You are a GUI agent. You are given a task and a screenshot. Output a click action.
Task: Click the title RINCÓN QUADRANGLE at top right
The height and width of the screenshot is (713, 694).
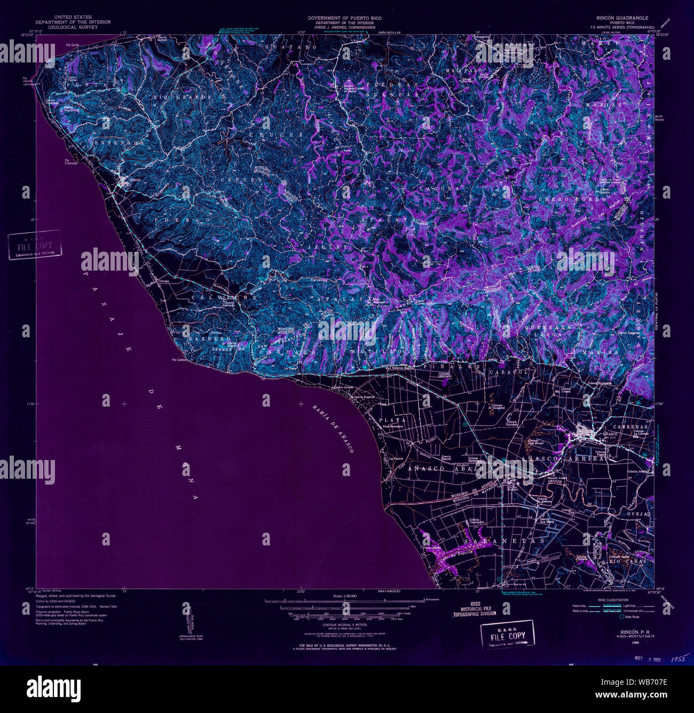pyautogui.click(x=619, y=18)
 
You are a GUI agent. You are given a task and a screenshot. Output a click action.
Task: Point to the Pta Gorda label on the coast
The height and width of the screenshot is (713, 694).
pyautogui.click(x=72, y=45)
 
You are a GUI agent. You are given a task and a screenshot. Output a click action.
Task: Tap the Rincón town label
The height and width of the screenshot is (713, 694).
pyautogui.click(x=133, y=179)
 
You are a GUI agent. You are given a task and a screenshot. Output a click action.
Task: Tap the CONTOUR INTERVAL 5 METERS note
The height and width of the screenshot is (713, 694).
pyautogui.click(x=345, y=624)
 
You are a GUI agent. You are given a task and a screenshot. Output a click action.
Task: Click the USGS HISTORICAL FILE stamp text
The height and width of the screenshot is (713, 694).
pyautogui.click(x=475, y=608)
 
